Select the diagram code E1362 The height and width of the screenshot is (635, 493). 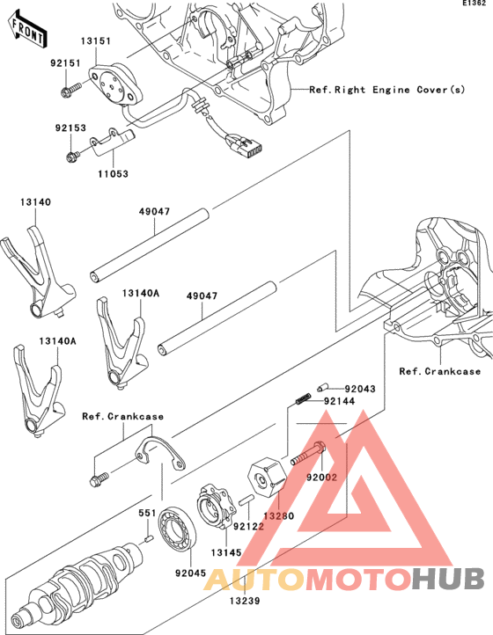[474, 5]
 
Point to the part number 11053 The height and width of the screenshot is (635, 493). [113, 174]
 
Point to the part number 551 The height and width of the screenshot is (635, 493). [145, 511]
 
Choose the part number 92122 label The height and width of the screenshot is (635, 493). [248, 527]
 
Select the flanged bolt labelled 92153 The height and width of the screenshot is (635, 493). [71, 157]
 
